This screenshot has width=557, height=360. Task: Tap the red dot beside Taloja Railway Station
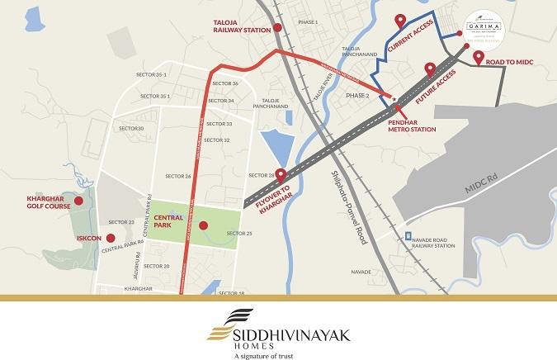tap(278, 28)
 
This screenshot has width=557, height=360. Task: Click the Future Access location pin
tap(429, 69)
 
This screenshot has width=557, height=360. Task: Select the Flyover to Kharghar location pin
tap(280, 175)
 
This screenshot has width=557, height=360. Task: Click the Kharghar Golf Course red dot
tap(78, 201)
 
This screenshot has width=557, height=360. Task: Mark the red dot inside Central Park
tap(203, 224)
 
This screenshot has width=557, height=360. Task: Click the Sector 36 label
tap(224, 84)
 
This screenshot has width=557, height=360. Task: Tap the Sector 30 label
tap(131, 129)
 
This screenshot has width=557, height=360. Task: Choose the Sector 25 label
tap(238, 234)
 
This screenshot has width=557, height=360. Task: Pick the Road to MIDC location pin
tap(479, 57)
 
